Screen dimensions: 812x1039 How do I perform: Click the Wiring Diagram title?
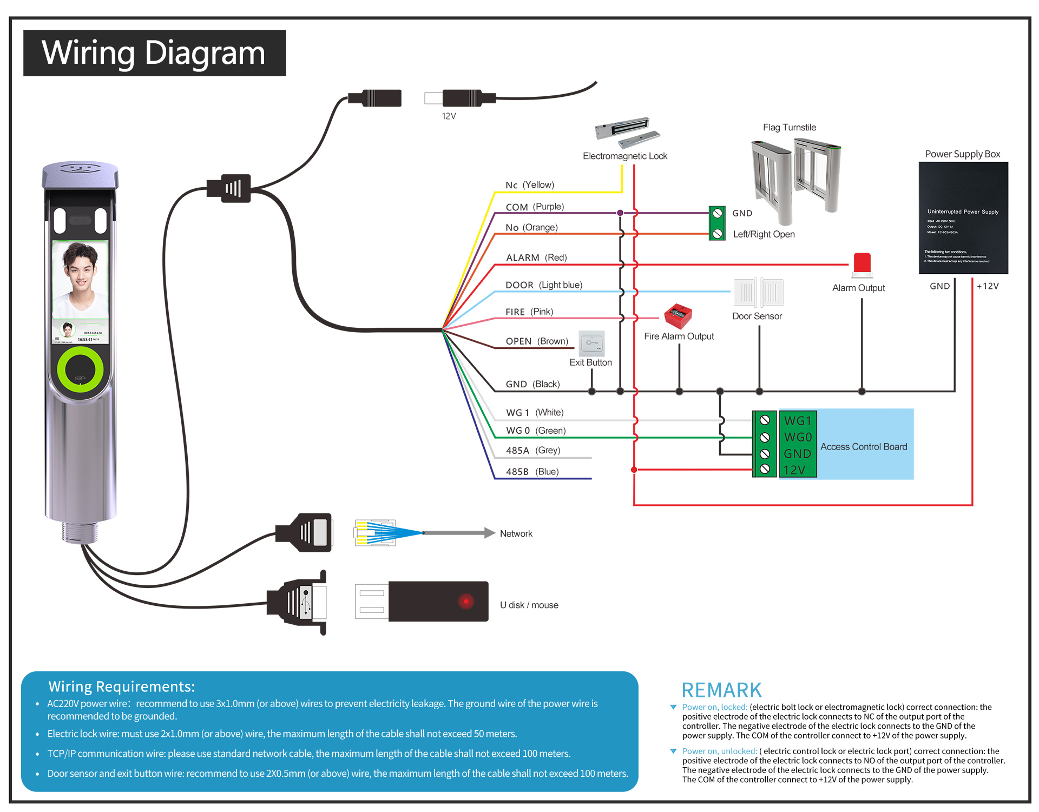point(154,53)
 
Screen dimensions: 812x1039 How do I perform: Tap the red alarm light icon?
point(862,265)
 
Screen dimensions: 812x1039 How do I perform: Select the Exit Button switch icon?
point(591,342)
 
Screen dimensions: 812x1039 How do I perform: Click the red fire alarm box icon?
point(678,316)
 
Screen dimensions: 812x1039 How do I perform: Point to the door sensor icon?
point(758,293)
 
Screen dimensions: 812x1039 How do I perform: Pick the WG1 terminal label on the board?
point(798,421)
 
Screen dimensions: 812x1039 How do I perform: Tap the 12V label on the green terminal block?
point(794,470)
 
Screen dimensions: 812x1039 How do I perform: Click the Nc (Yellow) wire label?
point(529,185)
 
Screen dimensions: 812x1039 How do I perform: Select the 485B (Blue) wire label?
point(532,472)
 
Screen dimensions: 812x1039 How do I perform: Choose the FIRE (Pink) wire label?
point(529,312)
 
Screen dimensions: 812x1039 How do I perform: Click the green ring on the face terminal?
point(81,369)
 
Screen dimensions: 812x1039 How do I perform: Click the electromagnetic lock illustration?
point(627,132)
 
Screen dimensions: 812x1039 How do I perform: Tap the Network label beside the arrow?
point(516,534)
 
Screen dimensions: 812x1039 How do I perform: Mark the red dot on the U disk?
point(466,602)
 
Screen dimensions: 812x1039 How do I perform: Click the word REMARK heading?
point(721,691)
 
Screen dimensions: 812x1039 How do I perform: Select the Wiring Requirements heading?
point(122,686)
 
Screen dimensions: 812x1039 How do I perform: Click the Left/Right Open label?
point(764,234)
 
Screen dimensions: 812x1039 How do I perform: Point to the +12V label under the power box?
point(988,286)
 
